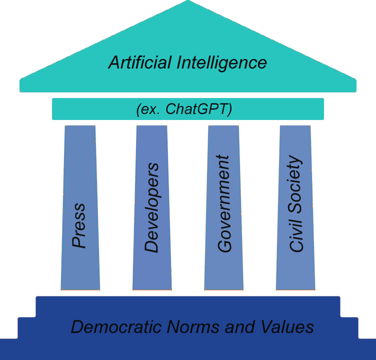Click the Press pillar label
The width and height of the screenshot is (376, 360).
tap(79, 225)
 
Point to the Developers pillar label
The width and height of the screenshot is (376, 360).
tap(151, 207)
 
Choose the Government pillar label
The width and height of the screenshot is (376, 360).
tap(224, 203)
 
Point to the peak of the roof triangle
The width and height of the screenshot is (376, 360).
tap(188, 2)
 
